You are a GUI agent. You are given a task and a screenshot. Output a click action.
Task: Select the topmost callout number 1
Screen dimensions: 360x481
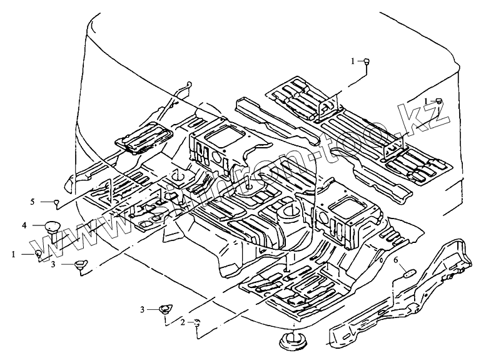coord(353,61)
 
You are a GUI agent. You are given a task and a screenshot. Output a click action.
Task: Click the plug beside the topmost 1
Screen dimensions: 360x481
coord(367,61)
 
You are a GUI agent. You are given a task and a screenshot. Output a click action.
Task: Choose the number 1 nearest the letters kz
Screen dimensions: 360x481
coord(426,100)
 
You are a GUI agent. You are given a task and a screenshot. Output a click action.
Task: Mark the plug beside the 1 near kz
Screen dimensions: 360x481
coord(439,100)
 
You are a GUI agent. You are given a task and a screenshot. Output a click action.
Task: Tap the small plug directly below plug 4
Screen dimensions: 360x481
coord(39,254)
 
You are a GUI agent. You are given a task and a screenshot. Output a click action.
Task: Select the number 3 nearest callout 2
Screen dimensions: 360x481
coord(142,309)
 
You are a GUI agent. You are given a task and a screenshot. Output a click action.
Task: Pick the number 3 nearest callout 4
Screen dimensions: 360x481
coord(53,265)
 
